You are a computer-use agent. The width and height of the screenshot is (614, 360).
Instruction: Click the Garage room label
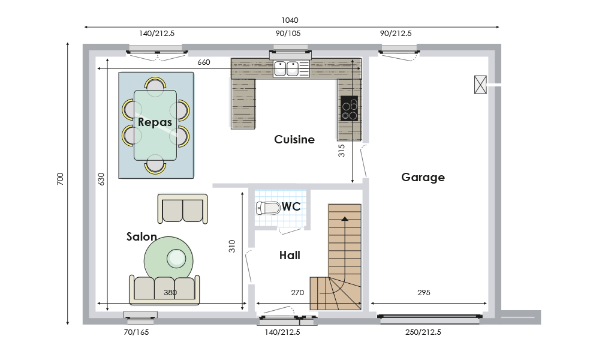(423, 178)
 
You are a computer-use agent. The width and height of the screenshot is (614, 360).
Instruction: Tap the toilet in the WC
(268, 208)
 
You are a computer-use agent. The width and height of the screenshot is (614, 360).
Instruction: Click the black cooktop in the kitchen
(350, 108)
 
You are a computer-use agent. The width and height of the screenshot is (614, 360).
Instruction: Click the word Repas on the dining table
(155, 122)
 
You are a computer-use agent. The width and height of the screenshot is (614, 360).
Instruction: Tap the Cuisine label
(294, 139)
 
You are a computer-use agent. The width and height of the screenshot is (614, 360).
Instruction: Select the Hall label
(290, 256)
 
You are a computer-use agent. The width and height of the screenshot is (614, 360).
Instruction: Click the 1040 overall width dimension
(290, 20)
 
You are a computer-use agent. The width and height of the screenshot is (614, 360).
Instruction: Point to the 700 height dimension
(60, 179)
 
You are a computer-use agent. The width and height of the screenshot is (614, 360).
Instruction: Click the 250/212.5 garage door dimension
(423, 332)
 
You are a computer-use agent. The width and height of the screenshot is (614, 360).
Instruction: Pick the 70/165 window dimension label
(136, 332)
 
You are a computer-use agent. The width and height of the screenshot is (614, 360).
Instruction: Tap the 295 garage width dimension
(424, 292)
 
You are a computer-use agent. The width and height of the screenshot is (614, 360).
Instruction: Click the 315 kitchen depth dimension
(341, 151)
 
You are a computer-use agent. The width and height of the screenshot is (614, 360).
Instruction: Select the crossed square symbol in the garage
(480, 85)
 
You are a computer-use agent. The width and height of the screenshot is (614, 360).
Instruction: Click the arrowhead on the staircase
(345, 218)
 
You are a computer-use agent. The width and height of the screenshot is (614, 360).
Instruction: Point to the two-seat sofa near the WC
(182, 208)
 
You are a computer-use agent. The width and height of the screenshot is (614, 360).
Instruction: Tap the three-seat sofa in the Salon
(164, 289)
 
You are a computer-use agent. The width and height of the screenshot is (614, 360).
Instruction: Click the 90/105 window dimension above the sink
(288, 33)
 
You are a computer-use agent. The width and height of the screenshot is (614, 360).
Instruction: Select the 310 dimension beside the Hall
(232, 246)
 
